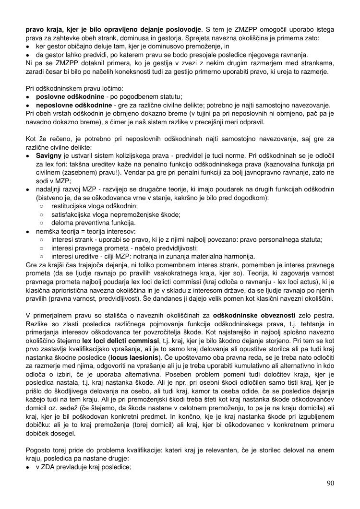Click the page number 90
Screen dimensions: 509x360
click(x=330, y=483)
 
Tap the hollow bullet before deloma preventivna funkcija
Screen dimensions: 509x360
click(x=42, y=223)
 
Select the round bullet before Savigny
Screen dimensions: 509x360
click(x=29, y=155)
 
